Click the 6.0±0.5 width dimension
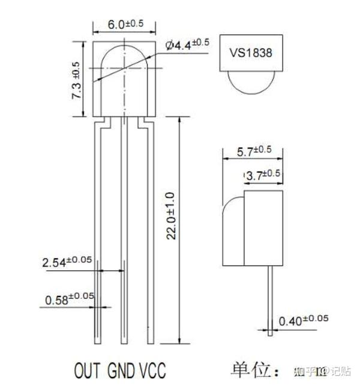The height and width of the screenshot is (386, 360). pos(125,24)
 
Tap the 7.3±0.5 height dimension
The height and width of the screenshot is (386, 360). pos(76,80)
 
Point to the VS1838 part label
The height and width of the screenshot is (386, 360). pos(250,52)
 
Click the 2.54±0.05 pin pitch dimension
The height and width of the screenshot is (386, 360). pos(67,262)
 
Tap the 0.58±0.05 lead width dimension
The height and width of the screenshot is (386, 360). pos(70,298)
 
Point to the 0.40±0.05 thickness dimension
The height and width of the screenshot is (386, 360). pos(306,319)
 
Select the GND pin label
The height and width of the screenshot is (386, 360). pos(122,368)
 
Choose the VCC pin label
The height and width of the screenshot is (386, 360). pos(152,368)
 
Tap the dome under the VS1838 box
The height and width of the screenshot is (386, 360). pos(250,80)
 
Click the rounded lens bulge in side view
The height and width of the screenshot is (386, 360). pos(233,228)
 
